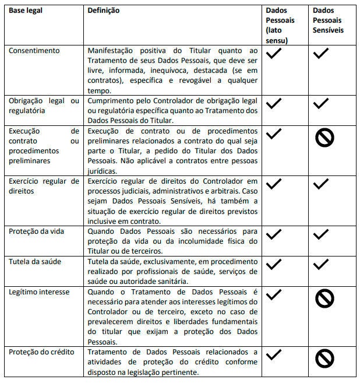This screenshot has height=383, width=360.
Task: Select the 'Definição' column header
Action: pos(103,10)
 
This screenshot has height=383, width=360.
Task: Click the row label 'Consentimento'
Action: pos(34,51)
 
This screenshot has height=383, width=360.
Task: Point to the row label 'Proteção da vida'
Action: pos(36,231)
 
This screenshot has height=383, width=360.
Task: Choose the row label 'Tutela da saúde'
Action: pos(34,262)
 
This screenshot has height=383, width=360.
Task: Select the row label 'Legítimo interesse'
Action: pos(38,291)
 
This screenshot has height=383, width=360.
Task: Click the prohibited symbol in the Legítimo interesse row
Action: pos(324,299)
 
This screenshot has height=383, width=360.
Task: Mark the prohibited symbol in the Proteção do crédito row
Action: pos(324,357)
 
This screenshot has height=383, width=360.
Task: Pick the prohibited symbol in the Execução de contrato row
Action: pos(324,138)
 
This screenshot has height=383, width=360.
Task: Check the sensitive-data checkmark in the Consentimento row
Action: pos(320,54)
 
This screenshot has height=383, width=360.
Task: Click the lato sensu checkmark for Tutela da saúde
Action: pos(273,265)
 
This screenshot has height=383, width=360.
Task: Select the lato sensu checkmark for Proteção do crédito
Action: pos(273,354)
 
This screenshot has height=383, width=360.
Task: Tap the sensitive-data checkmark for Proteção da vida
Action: pos(320,235)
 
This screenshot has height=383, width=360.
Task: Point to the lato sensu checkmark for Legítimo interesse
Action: pos(273,294)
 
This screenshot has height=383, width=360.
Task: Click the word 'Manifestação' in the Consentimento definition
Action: pos(110,51)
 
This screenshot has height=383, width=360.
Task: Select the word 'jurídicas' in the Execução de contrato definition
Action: pos(103,171)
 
